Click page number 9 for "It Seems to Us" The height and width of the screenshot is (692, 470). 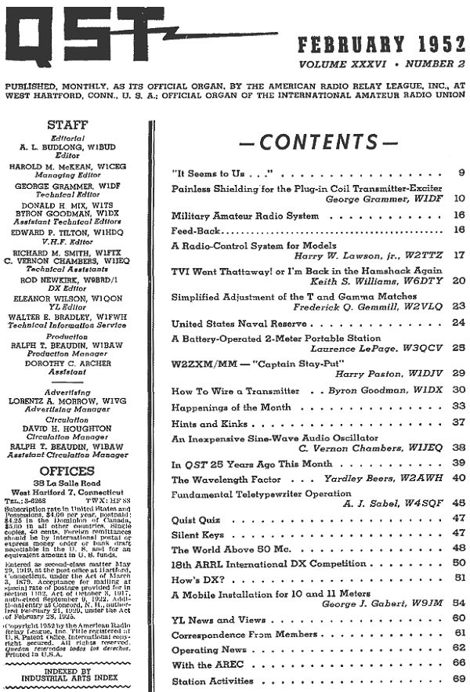(x=461, y=172)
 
